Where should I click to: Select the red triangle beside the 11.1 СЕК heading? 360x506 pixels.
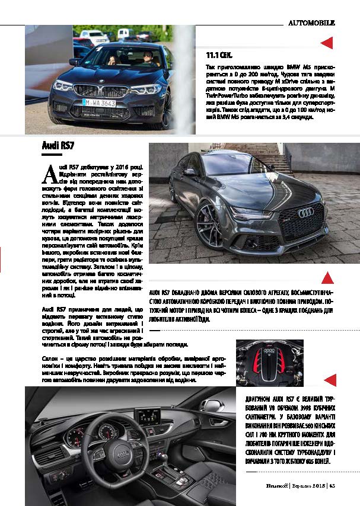pos(326,43)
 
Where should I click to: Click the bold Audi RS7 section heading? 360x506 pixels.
pos(58,145)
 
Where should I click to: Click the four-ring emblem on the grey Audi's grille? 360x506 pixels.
pos(306,213)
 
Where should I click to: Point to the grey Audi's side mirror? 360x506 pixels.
pos(190,172)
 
